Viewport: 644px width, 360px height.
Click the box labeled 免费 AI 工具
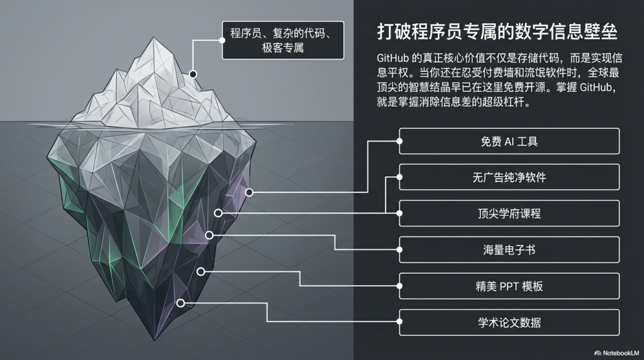[x=509, y=142]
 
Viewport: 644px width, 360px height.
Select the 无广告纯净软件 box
[x=509, y=177]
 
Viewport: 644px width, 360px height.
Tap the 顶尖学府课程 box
[x=509, y=214]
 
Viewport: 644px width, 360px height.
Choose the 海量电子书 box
[x=509, y=250]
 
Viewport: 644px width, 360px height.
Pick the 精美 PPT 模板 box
[x=509, y=286]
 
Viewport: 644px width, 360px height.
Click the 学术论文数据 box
[x=509, y=323]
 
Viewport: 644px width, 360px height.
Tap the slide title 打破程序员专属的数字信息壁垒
[x=496, y=31]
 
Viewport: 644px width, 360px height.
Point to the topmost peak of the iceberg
[x=155, y=39]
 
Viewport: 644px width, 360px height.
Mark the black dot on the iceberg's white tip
[x=193, y=74]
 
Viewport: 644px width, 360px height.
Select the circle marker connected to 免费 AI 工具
[x=250, y=192]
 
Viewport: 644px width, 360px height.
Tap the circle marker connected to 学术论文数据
[x=180, y=303]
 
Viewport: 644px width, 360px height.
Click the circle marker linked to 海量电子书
[x=209, y=235]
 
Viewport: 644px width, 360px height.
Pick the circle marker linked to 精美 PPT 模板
[x=201, y=271]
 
